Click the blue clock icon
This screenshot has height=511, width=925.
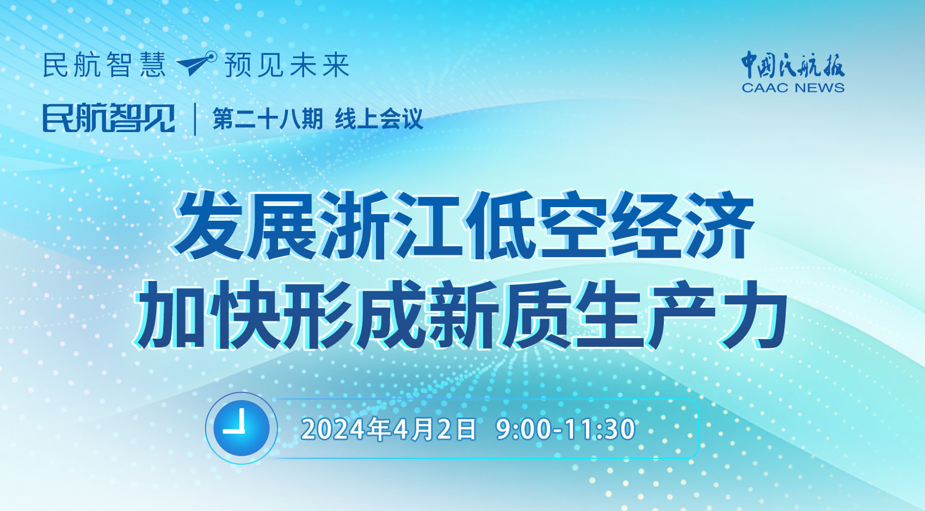click(x=242, y=428)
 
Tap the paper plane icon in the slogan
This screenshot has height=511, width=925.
click(x=196, y=64)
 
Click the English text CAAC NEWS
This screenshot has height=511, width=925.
click(x=793, y=88)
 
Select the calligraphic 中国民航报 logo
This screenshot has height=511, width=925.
click(x=793, y=65)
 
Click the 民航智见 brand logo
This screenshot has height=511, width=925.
click(x=109, y=119)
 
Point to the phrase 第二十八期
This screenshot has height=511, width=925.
click(x=268, y=119)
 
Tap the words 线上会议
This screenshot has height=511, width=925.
click(x=379, y=119)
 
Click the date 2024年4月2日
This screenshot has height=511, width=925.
click(x=388, y=429)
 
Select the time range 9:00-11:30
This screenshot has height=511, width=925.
click(x=565, y=429)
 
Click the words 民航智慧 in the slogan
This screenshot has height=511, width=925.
click(x=104, y=65)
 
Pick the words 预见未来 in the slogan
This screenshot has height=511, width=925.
click(x=287, y=65)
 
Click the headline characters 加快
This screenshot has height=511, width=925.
click(x=206, y=315)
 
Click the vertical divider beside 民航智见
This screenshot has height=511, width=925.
click(x=195, y=119)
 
